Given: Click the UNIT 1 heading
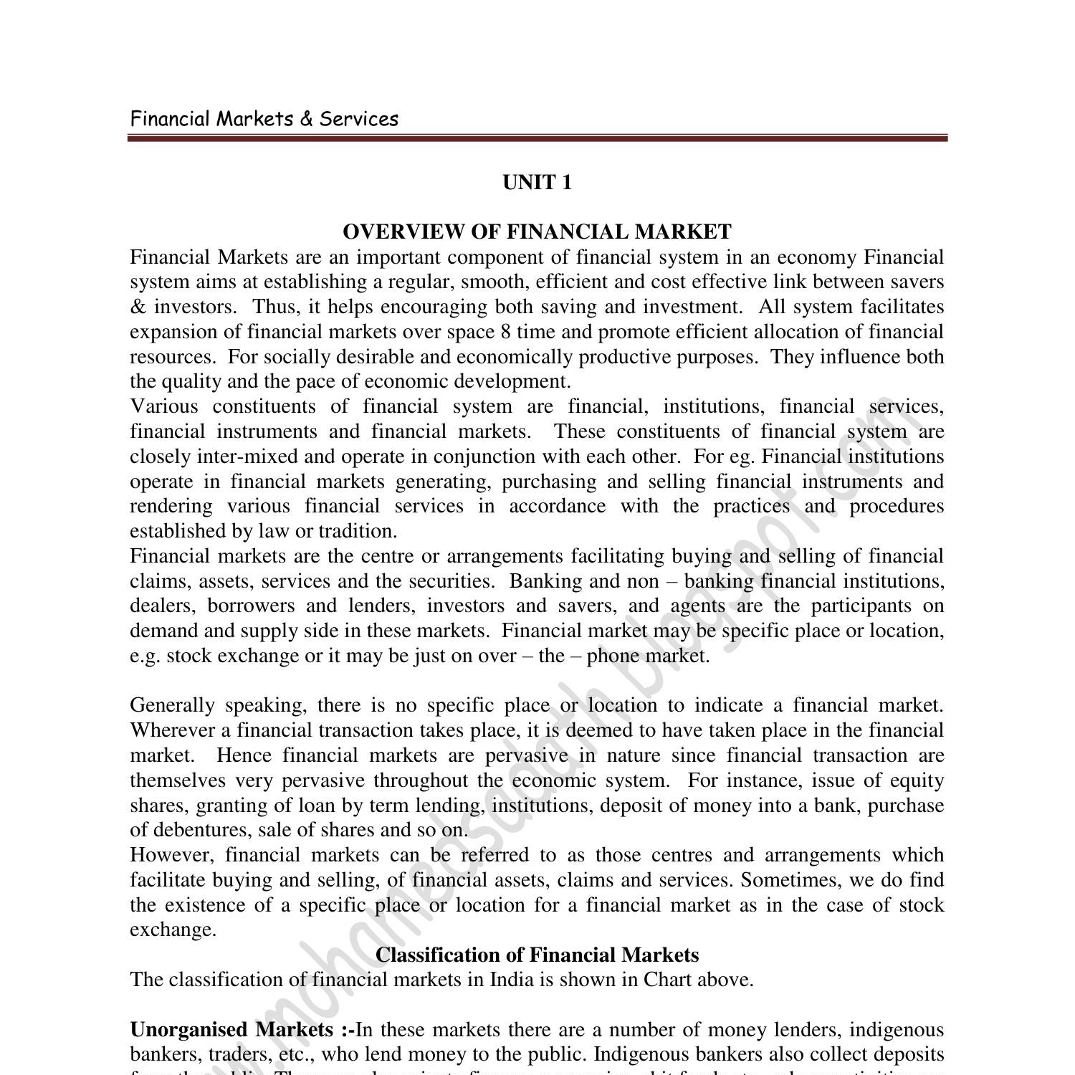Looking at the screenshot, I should (537, 183).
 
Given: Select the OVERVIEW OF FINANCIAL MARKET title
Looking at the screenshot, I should (537, 232).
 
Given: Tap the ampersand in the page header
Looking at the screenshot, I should (307, 119).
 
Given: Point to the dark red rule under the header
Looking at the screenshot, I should (537, 138).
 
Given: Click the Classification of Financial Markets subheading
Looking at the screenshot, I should (537, 955).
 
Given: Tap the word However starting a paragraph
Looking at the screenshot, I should (173, 856).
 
